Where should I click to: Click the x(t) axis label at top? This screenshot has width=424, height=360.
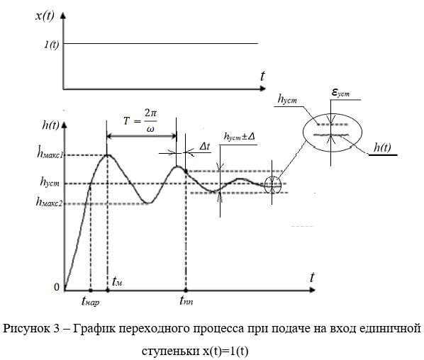(45, 16)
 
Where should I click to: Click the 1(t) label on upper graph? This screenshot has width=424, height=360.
(51, 45)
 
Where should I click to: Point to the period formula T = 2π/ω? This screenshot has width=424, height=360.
(140, 120)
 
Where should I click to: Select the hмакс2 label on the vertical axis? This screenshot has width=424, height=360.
(49, 201)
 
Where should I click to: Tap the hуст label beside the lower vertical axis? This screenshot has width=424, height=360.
(50, 181)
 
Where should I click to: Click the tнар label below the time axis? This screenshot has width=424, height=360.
(90, 300)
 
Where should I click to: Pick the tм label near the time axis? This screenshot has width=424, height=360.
(117, 281)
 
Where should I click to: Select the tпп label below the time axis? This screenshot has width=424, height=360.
(186, 300)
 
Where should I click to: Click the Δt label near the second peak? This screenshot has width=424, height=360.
(205, 146)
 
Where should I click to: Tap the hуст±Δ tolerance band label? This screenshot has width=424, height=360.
(240, 136)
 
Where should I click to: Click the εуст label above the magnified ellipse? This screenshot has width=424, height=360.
(340, 93)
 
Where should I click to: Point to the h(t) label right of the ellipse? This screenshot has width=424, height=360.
(382, 147)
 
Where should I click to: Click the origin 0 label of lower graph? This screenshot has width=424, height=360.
(57, 287)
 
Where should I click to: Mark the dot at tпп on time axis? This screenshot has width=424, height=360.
(186, 291)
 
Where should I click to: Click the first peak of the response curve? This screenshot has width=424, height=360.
(107, 155)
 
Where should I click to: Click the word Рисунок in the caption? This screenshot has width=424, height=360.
(30, 329)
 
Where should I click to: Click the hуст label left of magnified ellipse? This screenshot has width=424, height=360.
(287, 99)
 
